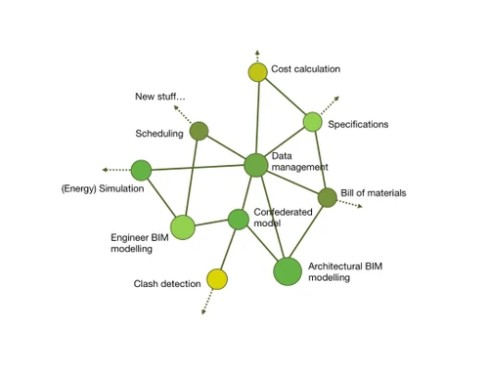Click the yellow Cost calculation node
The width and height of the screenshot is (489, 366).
pyautogui.click(x=257, y=71)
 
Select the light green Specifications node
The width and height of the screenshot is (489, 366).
pyautogui.click(x=312, y=122)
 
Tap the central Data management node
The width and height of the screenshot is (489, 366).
pyautogui.click(x=255, y=165)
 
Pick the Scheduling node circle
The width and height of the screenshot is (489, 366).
pyautogui.click(x=199, y=131)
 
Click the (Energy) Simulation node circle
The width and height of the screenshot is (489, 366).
pyautogui.click(x=141, y=171)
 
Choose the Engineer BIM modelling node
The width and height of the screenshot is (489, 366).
pyautogui.click(x=183, y=227)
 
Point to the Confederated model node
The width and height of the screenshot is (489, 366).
pyautogui.click(x=239, y=220)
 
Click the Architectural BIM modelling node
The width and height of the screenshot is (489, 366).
pyautogui.click(x=288, y=271)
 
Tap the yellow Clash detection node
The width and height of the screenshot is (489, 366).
pyautogui.click(x=217, y=280)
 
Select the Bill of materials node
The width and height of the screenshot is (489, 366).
pyautogui.click(x=327, y=197)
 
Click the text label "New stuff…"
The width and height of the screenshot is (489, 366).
pyautogui.click(x=159, y=96)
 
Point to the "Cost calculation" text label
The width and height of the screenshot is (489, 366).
pyautogui.click(x=305, y=69)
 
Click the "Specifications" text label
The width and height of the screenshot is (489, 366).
pyautogui.click(x=358, y=124)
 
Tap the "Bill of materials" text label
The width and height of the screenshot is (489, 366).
pyautogui.click(x=373, y=193)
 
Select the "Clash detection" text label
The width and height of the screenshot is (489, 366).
pyautogui.click(x=167, y=284)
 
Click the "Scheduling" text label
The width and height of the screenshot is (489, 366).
pyautogui.click(x=158, y=133)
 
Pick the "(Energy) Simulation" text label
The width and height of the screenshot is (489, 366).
pyautogui.click(x=103, y=188)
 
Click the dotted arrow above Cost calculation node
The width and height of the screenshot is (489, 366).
pyautogui.click(x=256, y=55)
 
